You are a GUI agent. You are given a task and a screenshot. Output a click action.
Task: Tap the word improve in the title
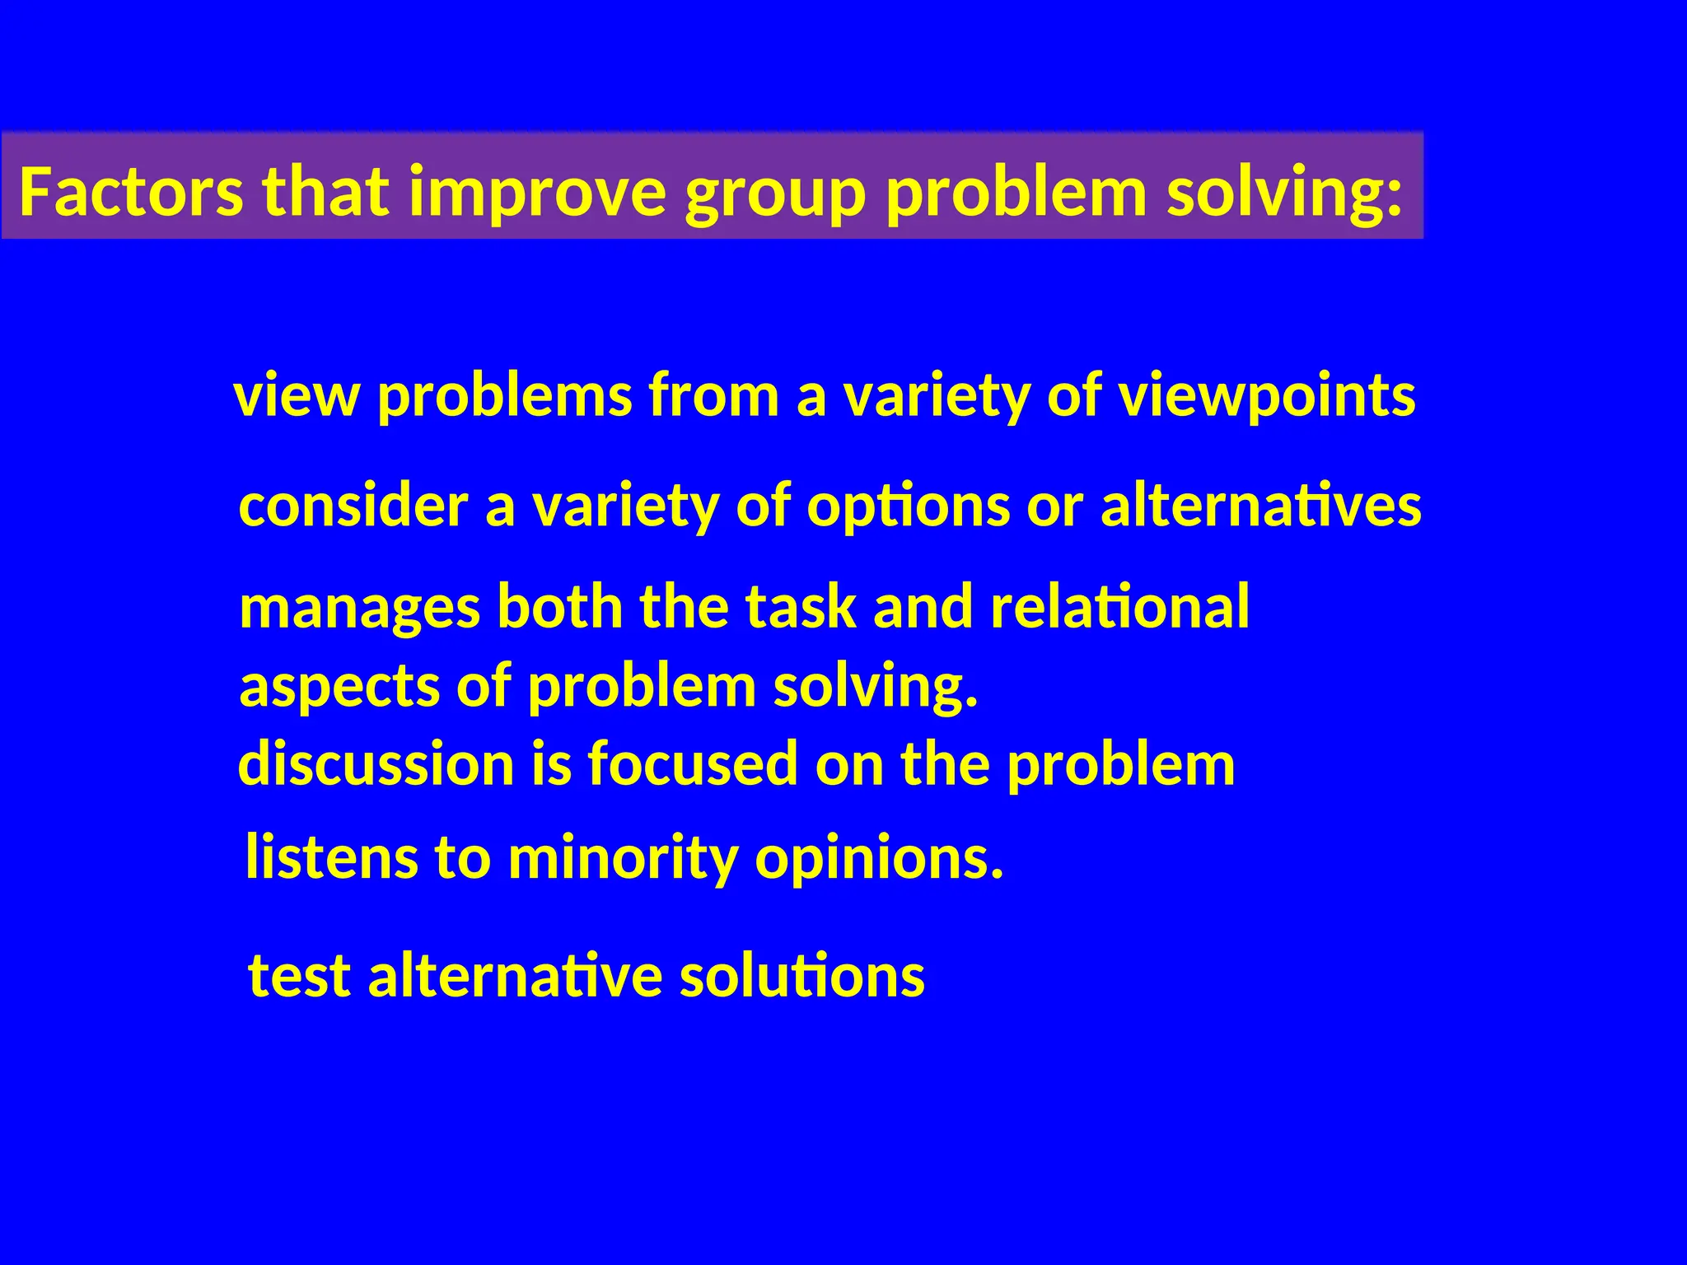coord(536,192)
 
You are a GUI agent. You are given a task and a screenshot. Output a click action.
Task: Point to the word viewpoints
coord(1266,397)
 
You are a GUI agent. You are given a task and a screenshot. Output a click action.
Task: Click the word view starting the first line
coord(297,395)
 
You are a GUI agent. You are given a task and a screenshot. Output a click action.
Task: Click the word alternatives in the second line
coord(1260,506)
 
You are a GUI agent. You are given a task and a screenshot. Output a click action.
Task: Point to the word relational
coord(1119,607)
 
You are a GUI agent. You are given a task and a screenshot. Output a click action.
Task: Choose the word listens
coord(332,857)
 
